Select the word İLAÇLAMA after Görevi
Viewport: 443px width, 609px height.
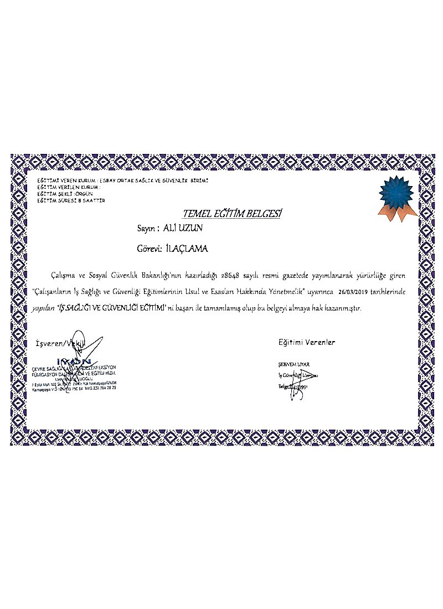click(187, 249)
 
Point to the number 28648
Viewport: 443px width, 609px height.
click(231, 275)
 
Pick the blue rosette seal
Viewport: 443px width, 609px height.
click(396, 192)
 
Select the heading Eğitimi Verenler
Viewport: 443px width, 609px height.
click(306, 343)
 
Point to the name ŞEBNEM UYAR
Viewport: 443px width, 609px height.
click(293, 364)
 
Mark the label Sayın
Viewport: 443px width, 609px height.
click(148, 228)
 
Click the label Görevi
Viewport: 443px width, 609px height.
click(149, 249)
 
